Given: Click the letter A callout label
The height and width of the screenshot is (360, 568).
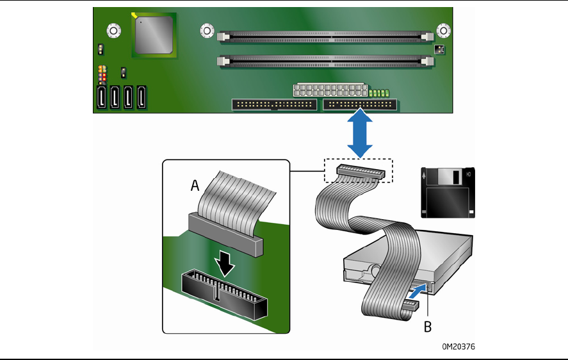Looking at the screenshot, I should point(195,186).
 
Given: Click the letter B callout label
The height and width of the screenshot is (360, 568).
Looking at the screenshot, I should point(428,327).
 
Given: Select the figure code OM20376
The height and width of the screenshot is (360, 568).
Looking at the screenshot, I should point(458,347).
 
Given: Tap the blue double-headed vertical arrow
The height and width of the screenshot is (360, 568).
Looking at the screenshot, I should point(361,133).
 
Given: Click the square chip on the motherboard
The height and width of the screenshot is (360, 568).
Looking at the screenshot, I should point(154,35).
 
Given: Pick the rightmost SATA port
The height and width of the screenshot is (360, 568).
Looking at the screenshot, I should point(142,98).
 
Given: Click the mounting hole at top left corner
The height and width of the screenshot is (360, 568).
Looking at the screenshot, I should point(113,29).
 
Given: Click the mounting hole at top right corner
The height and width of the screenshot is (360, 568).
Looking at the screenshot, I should point(443,29).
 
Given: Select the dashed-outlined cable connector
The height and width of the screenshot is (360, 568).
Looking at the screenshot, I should point(358,171).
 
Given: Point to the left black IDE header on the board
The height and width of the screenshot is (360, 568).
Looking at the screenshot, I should point(274,104).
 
